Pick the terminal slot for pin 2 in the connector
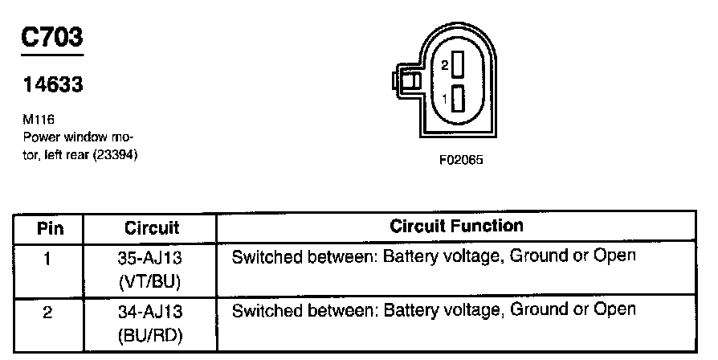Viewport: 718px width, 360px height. pos(459,64)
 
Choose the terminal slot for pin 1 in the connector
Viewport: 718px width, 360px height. pos(459,99)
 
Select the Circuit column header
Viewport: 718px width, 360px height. pos(152,228)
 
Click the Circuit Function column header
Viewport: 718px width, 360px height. pos(456,227)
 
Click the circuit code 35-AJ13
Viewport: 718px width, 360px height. pos(152,258)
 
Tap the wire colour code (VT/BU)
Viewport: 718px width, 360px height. pos(152,282)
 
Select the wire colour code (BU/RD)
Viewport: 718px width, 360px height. pos(152,334)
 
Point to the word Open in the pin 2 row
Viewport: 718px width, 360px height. pos(614,309)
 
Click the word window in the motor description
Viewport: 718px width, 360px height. pos(83,137)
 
